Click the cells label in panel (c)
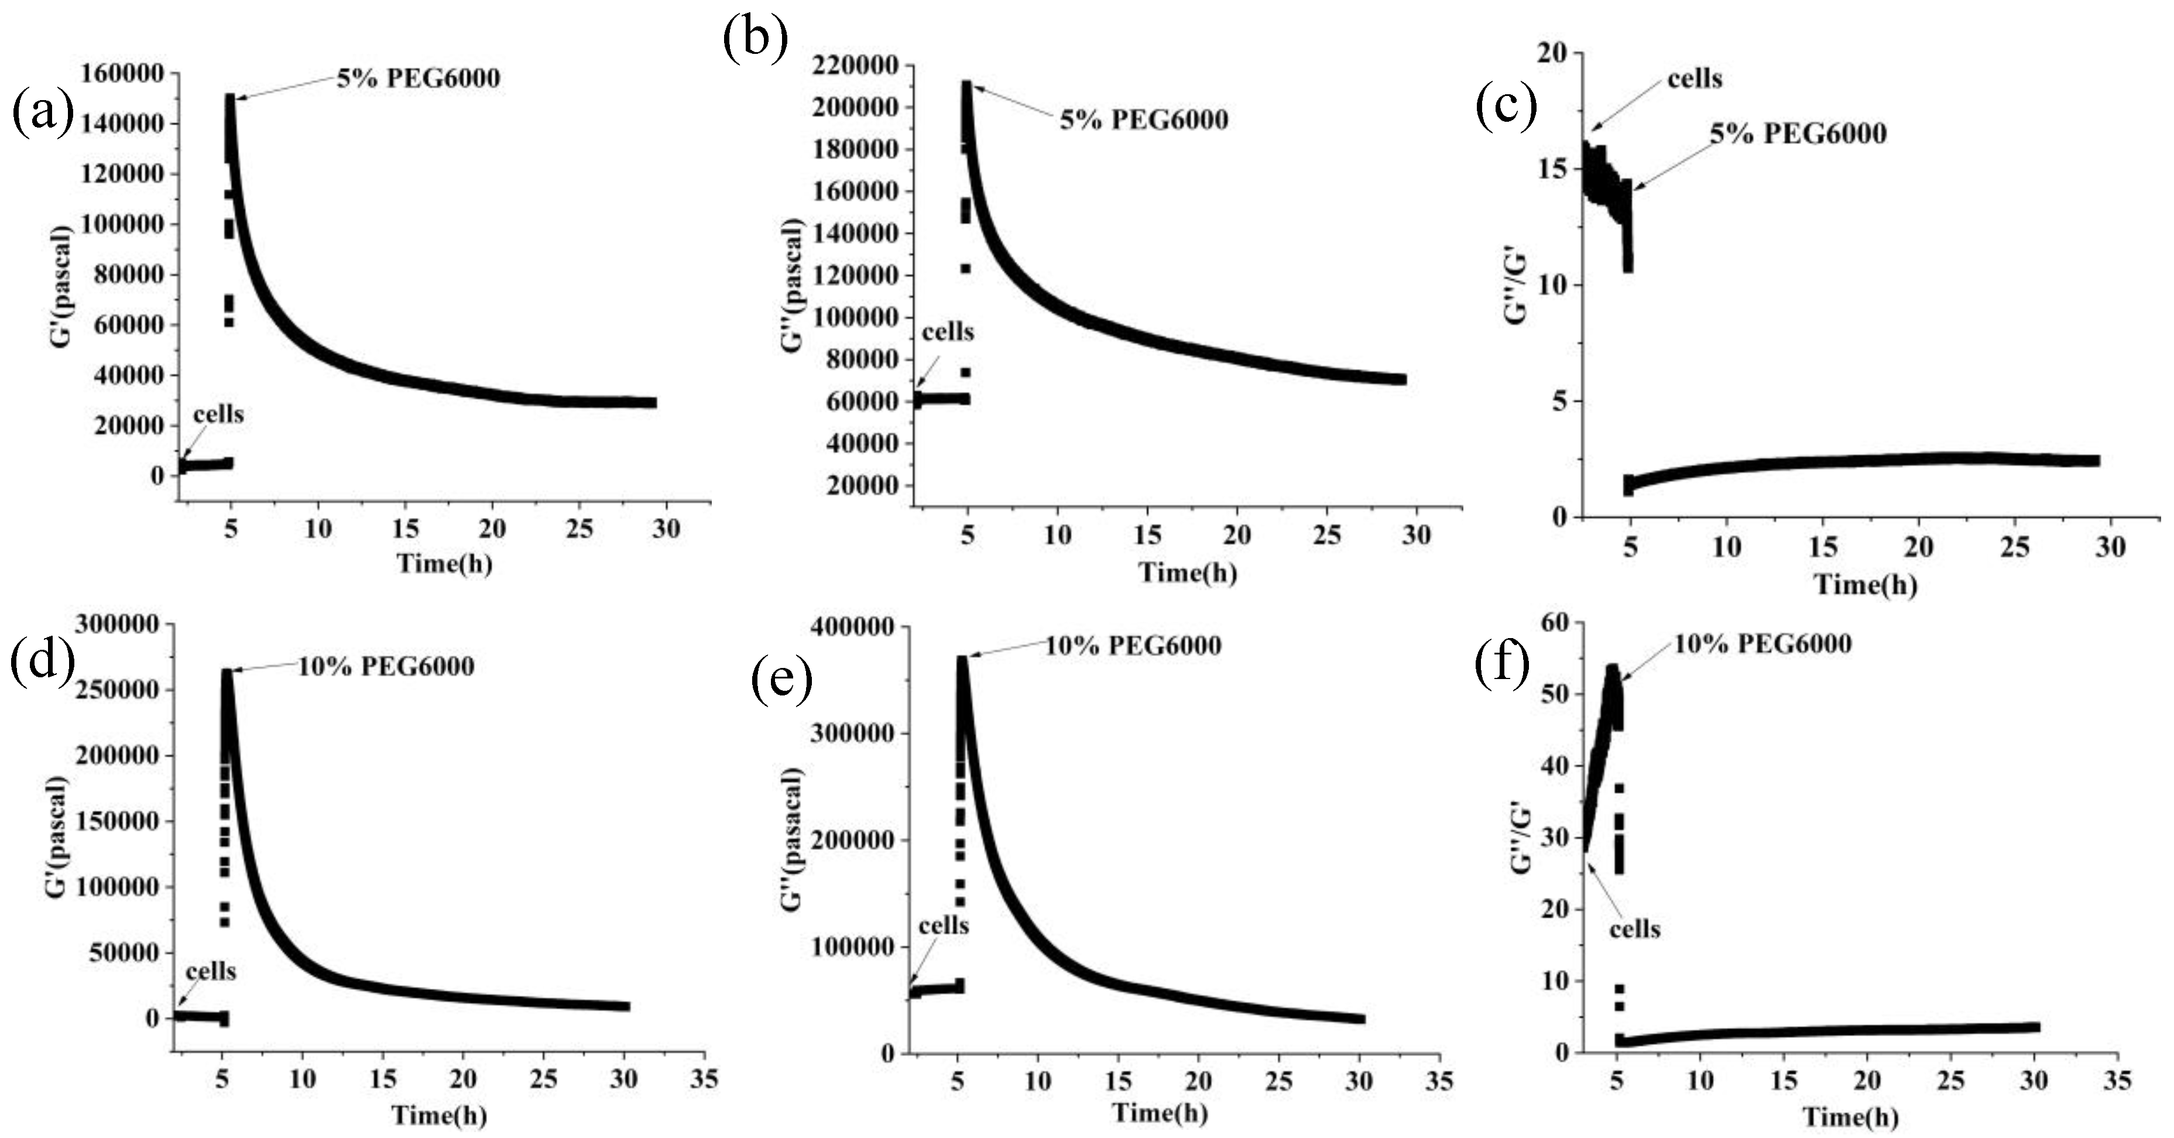click(1695, 80)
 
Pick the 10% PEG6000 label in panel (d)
click(386, 667)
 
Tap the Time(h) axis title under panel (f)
click(1851, 1118)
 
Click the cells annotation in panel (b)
click(947, 333)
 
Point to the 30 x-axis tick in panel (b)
click(1416, 535)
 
